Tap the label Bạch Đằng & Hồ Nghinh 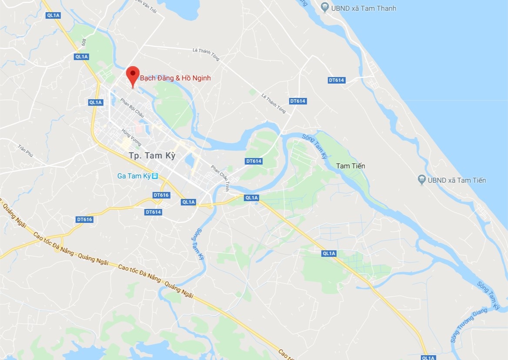(175, 78)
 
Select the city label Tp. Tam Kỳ (152, 155)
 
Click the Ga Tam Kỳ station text (134, 176)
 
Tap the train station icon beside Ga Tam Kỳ (155, 176)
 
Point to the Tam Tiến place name (351, 166)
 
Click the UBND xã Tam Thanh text (364, 8)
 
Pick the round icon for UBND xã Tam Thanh (324, 7)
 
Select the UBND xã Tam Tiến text (457, 180)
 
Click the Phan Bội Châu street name (132, 107)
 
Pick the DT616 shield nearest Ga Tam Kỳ (161, 195)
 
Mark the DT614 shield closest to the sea (336, 80)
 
